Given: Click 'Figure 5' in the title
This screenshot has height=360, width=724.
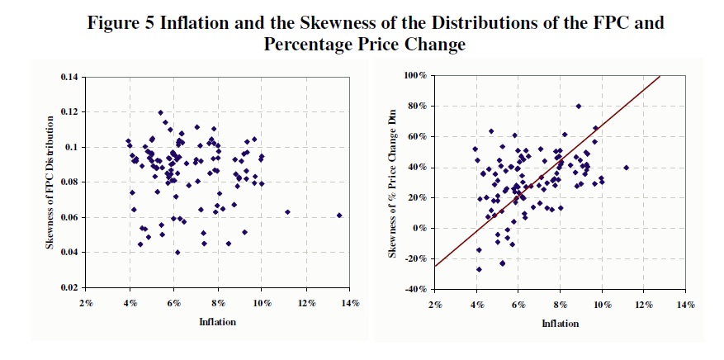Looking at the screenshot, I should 124,23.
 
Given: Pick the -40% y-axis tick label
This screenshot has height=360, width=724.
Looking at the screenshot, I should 414,289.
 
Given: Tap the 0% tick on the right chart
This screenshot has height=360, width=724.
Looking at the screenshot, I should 418,228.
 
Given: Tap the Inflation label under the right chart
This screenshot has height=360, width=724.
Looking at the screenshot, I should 561,324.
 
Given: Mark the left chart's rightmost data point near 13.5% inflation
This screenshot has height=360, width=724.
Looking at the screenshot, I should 339,216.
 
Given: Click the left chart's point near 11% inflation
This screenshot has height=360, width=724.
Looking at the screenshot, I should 287,212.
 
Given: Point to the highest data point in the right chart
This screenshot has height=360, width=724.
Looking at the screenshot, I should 579,106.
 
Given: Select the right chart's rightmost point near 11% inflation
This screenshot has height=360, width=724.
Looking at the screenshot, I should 627,168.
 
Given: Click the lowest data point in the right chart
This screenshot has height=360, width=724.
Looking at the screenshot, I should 479,269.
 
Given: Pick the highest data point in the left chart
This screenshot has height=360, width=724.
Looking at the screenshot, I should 160,112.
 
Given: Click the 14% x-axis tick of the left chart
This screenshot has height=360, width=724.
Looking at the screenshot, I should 350,302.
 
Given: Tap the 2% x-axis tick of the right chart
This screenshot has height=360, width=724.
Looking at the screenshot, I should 435,303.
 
